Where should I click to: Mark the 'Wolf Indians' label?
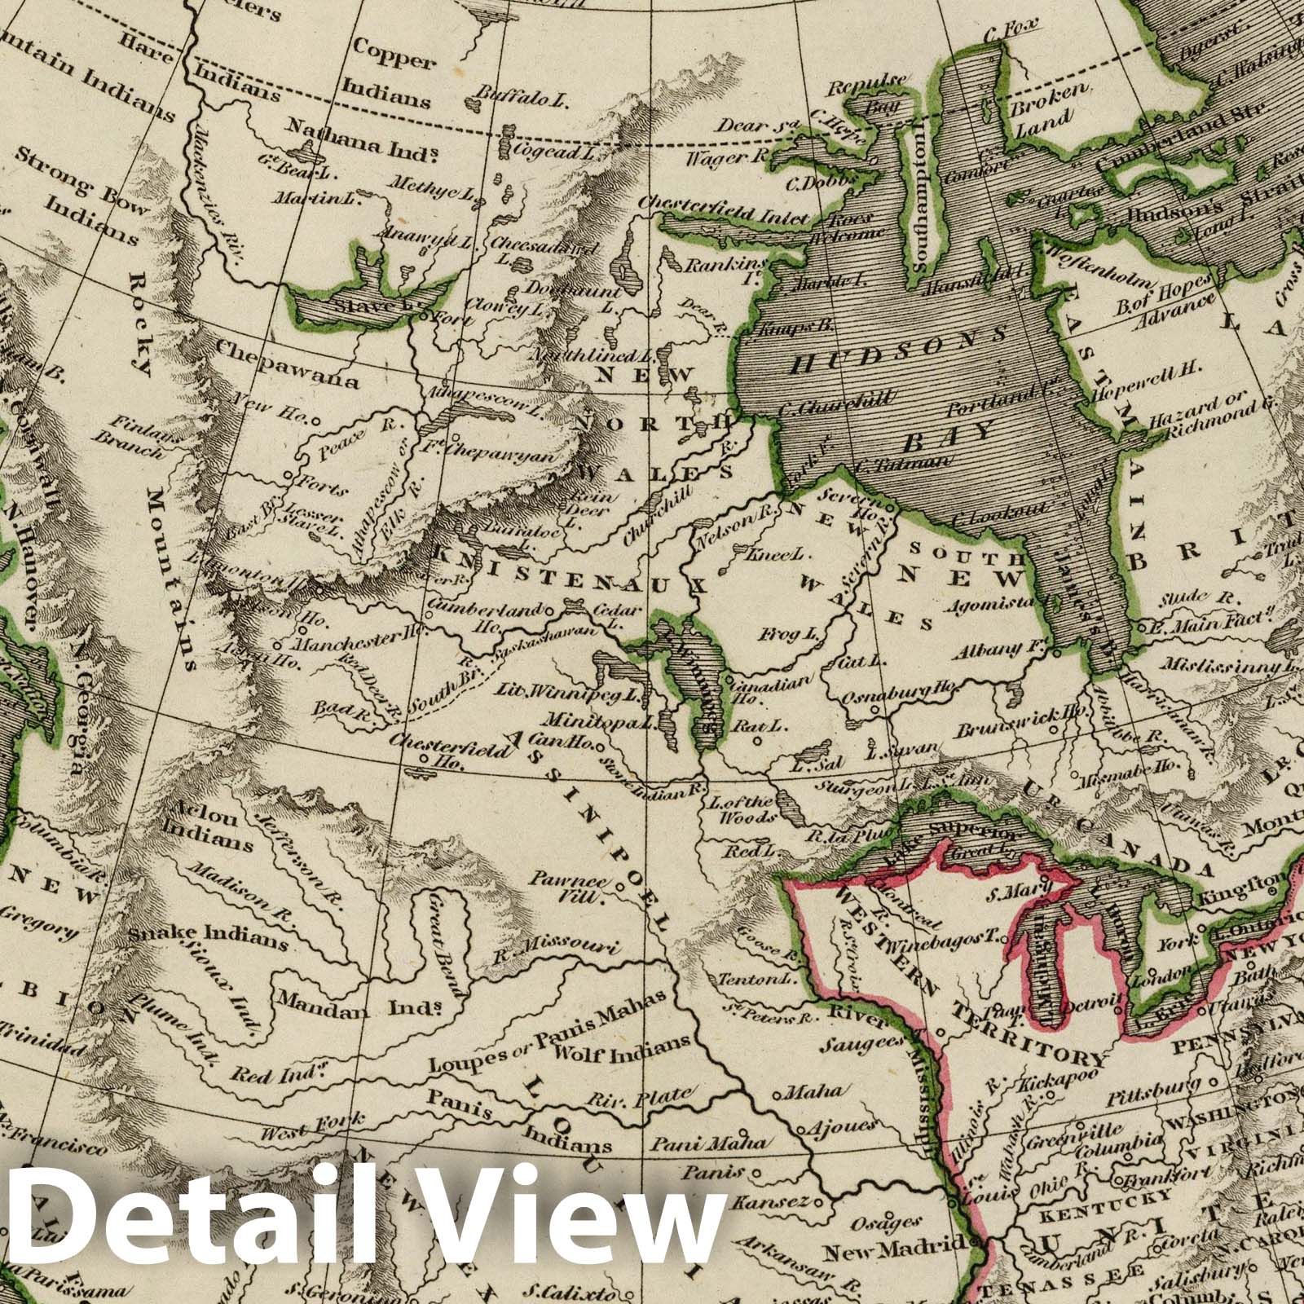[621, 1047]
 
